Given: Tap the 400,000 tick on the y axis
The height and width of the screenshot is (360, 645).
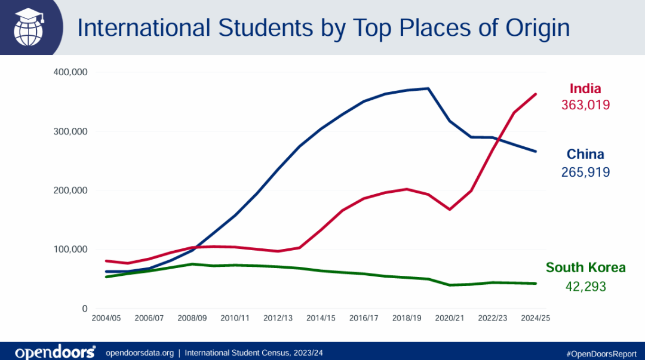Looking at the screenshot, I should (71, 72).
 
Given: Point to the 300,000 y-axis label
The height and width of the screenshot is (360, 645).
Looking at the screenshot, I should (71, 131).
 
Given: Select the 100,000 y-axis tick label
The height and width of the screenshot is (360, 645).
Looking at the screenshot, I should (71, 250).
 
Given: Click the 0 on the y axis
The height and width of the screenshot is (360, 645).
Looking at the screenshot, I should (85, 309).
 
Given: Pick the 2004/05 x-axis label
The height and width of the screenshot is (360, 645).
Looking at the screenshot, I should (106, 319).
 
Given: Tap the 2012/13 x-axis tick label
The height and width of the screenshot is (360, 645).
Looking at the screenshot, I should (278, 319).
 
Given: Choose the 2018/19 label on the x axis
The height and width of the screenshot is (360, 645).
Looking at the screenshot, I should (407, 319).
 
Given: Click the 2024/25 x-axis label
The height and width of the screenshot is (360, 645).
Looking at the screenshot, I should (535, 319).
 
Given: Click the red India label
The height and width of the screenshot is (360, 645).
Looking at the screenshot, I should (585, 89).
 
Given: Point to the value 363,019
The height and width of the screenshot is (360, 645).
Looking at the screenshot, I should (585, 105).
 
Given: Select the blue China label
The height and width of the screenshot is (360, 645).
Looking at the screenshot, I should (585, 155).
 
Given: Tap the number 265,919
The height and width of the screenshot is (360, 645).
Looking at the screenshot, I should (585, 172).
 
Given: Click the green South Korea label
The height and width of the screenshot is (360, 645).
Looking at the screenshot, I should (585, 267).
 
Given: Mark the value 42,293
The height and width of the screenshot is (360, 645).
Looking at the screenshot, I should (585, 287).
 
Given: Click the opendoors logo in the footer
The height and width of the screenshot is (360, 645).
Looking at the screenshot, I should (55, 352).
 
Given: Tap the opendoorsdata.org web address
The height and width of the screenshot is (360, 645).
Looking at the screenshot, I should (139, 353).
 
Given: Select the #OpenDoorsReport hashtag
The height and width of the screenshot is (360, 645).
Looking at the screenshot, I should (601, 353).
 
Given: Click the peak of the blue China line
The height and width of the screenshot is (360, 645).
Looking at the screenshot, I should (428, 88).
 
